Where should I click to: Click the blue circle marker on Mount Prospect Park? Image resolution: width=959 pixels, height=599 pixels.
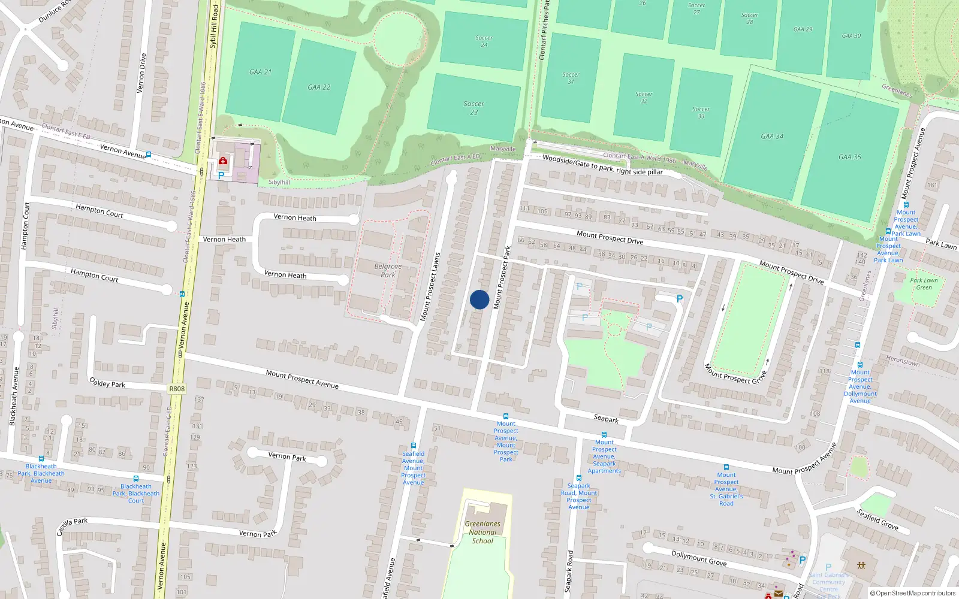pyautogui.click(x=479, y=299)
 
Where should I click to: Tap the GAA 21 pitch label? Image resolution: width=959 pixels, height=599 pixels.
pyautogui.click(x=260, y=72)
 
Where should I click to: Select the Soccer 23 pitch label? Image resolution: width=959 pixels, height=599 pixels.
pyautogui.click(x=474, y=108)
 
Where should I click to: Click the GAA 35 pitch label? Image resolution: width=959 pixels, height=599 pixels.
pyautogui.click(x=849, y=157)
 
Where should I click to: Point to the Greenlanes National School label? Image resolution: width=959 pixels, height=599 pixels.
pyautogui.click(x=482, y=532)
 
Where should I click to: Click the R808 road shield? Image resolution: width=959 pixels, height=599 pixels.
pyautogui.click(x=177, y=389)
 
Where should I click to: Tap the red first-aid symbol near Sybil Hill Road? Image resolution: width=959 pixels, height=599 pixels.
pyautogui.click(x=224, y=161)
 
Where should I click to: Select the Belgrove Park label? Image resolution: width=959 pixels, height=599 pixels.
pyautogui.click(x=388, y=270)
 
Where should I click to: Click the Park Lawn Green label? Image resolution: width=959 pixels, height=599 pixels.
pyautogui.click(x=924, y=284)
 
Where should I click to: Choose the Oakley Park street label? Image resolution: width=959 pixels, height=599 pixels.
pyautogui.click(x=107, y=382)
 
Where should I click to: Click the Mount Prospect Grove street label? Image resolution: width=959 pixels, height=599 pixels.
pyautogui.click(x=735, y=374)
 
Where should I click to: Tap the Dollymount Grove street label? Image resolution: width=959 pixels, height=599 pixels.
pyautogui.click(x=699, y=558)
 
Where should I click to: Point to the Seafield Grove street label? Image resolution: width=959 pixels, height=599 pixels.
pyautogui.click(x=877, y=519)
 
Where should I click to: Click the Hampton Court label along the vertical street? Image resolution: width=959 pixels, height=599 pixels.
pyautogui.click(x=25, y=226)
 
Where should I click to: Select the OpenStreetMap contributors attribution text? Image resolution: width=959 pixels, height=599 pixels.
pyautogui.click(x=913, y=593)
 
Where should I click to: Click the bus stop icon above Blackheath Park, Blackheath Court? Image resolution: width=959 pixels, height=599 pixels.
pyautogui.click(x=136, y=479)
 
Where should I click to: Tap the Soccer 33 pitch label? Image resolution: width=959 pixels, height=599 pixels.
pyautogui.click(x=701, y=113)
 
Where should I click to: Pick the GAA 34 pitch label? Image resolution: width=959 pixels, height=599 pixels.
pyautogui.click(x=772, y=136)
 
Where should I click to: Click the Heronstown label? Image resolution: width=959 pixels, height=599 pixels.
pyautogui.click(x=903, y=361)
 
